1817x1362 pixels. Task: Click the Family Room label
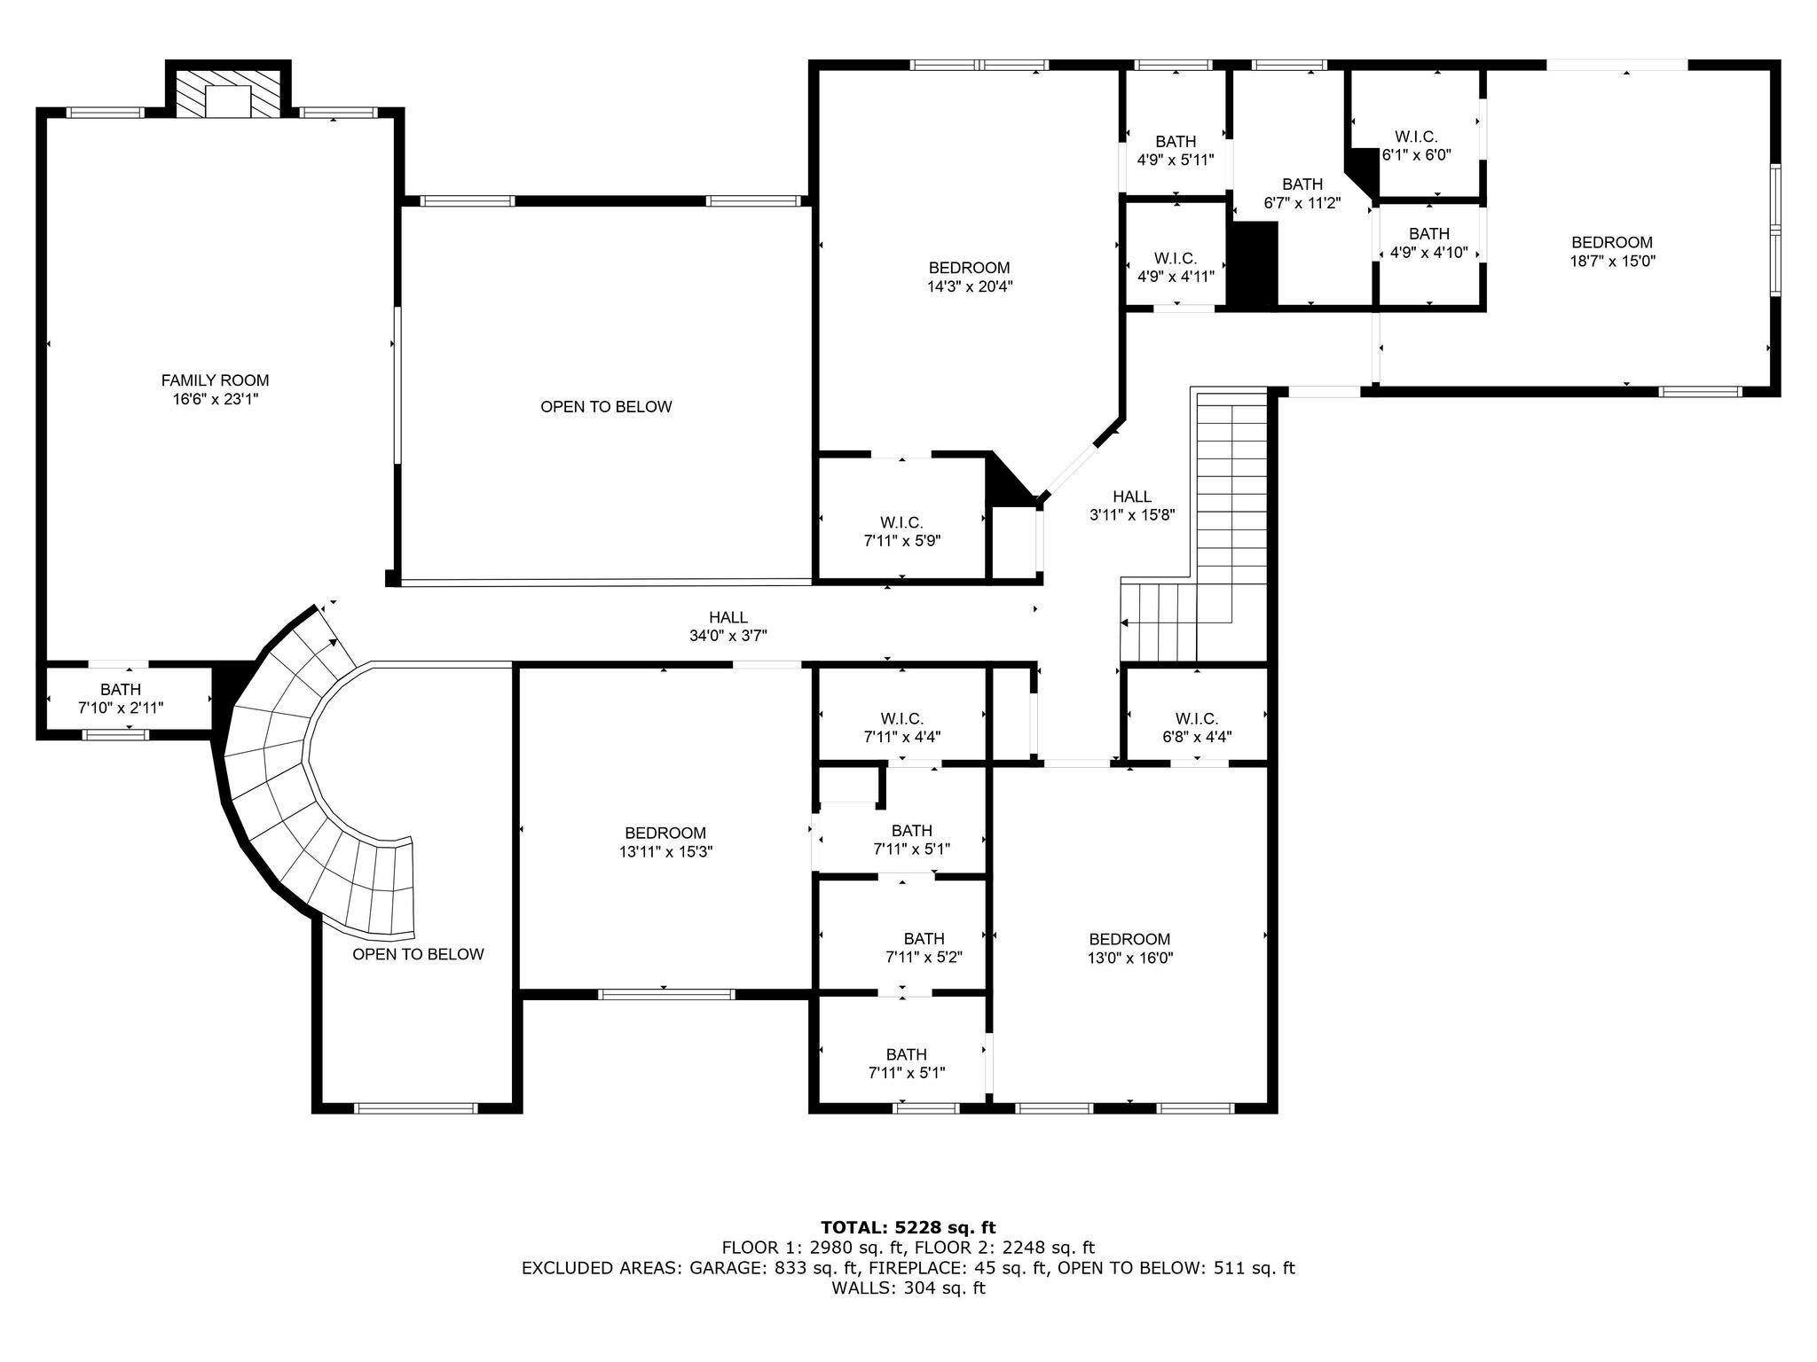tap(215, 380)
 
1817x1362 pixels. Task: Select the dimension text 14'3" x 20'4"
tap(969, 286)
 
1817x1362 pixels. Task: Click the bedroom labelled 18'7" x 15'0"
tap(1611, 252)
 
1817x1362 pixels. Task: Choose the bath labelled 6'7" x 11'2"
tap(1302, 193)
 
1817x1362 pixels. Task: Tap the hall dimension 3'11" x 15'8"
tap(1132, 515)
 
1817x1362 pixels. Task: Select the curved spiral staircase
tap(293, 780)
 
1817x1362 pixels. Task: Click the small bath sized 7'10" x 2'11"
tap(121, 699)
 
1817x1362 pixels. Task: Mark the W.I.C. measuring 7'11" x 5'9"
tap(901, 531)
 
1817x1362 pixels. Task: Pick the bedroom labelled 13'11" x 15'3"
tap(665, 842)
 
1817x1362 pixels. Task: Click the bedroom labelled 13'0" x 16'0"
tap(1129, 948)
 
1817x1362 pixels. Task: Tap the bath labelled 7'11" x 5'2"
tap(924, 948)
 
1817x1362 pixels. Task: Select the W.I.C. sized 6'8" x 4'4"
tap(1196, 727)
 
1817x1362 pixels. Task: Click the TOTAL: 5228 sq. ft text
tap(908, 1227)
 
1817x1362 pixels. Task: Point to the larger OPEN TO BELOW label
tap(606, 407)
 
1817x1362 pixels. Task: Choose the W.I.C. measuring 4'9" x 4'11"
tap(1176, 267)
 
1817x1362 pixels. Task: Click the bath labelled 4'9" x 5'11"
tap(1176, 151)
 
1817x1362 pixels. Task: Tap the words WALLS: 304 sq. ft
tap(908, 1288)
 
